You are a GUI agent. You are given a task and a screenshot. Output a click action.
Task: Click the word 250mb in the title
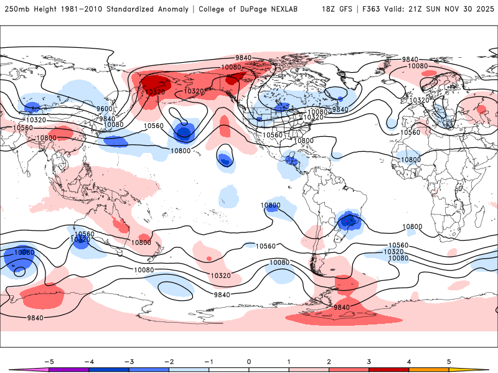point(16,9)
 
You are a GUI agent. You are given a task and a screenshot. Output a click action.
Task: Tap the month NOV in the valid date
point(458,9)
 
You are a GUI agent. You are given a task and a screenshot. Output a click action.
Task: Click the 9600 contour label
point(105,109)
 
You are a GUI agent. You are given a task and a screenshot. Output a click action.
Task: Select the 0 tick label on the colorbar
point(249,361)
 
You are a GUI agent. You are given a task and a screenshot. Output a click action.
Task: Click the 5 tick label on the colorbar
point(449,361)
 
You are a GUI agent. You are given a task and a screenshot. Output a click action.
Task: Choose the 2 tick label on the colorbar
point(329,361)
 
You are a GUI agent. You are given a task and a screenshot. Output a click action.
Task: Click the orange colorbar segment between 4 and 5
point(429,369)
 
